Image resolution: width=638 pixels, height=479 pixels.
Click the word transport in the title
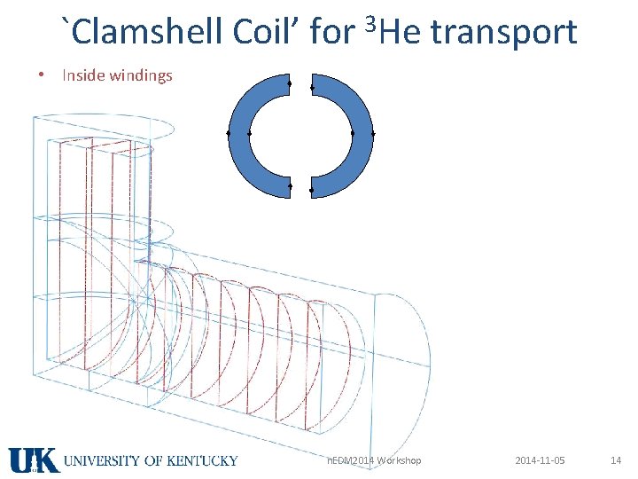pyautogui.click(x=506, y=33)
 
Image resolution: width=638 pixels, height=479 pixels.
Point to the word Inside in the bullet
pyautogui.click(x=82, y=75)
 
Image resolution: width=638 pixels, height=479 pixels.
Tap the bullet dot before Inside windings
pyautogui.click(x=42, y=75)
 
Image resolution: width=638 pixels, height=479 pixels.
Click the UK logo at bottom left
pyautogui.click(x=34, y=459)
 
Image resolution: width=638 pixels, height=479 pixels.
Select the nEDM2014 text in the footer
pyautogui.click(x=348, y=460)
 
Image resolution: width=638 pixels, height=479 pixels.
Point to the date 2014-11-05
pyautogui.click(x=540, y=460)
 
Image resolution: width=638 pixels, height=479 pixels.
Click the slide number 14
pyautogui.click(x=616, y=460)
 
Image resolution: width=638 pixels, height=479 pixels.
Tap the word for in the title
pyautogui.click(x=333, y=33)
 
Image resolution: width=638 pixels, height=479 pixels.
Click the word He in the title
pyautogui.click(x=397, y=33)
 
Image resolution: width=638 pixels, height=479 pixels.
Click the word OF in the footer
pyautogui.click(x=151, y=460)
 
